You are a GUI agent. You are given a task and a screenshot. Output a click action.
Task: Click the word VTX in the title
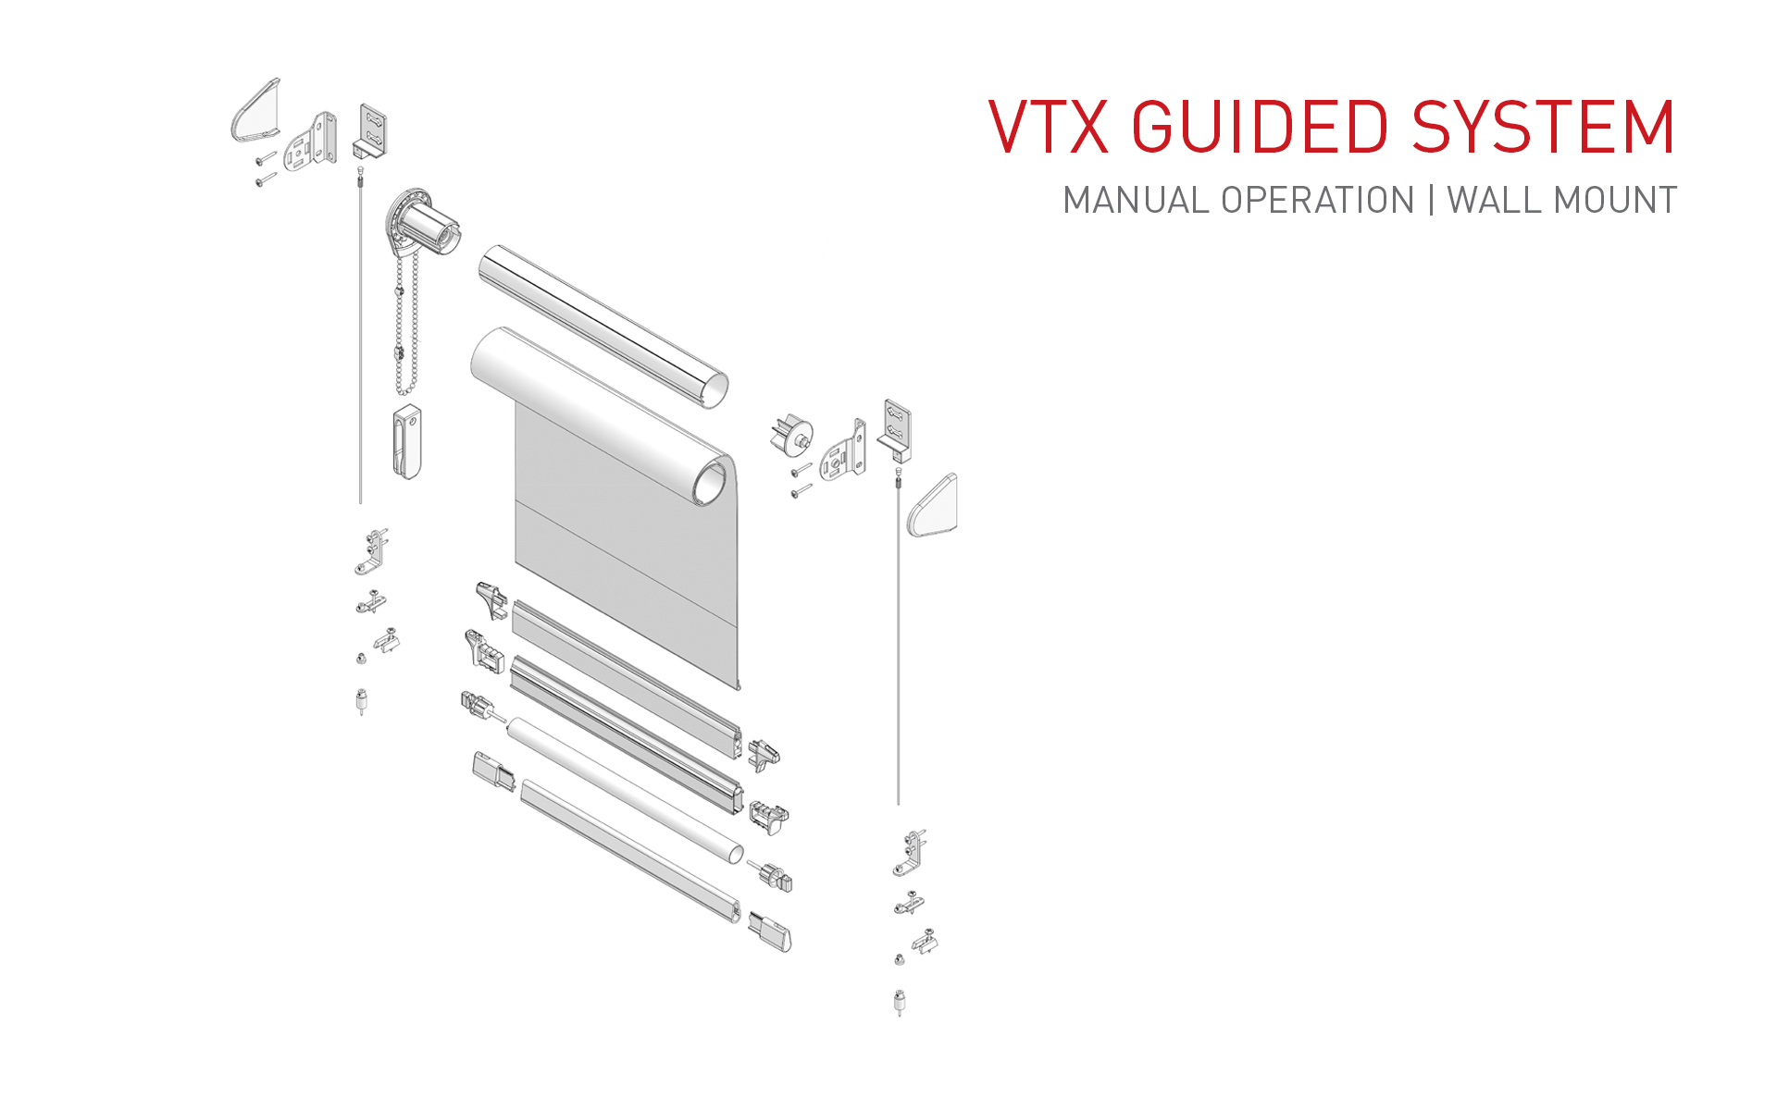pyautogui.click(x=1049, y=127)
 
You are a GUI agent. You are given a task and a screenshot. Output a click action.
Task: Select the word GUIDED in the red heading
pyautogui.click(x=1260, y=127)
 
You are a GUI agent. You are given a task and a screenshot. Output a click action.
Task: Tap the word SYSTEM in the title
pyautogui.click(x=1544, y=127)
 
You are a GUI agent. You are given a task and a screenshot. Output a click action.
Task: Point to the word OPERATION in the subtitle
pyautogui.click(x=1318, y=201)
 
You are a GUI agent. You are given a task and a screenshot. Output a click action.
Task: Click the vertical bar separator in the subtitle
pyautogui.click(x=1432, y=201)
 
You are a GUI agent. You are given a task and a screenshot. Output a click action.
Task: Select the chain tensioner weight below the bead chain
pyautogui.click(x=407, y=441)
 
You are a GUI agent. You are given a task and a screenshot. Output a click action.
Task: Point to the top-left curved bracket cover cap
pyautogui.click(x=255, y=111)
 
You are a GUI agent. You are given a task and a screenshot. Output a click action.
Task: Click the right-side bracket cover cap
pyautogui.click(x=934, y=506)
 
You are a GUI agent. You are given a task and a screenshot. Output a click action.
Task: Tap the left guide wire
pyautogui.click(x=360, y=342)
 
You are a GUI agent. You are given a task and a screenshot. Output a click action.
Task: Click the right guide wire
pyautogui.click(x=898, y=647)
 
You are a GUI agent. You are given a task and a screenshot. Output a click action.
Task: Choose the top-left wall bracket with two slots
pyautogui.click(x=372, y=129)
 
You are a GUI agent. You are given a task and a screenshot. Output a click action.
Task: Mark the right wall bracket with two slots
pyautogui.click(x=896, y=427)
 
